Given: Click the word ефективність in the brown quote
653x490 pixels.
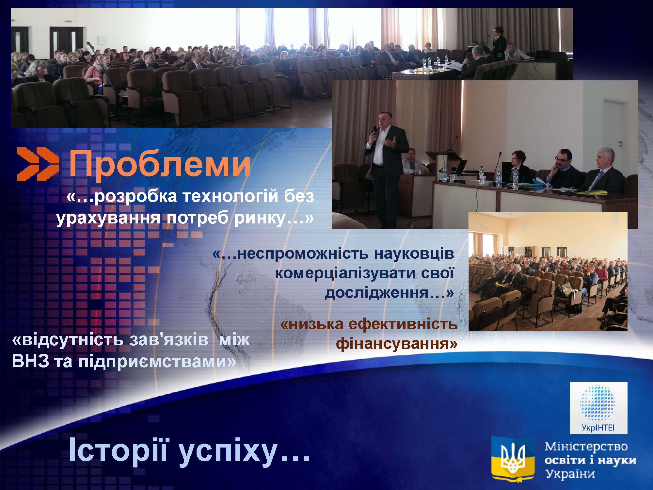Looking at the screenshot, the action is click(x=403, y=324).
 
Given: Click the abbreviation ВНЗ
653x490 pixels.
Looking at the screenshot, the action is click(x=30, y=361).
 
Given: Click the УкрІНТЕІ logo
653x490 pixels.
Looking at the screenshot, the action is click(x=598, y=408).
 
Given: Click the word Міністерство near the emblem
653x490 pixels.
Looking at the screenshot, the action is click(x=586, y=447).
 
